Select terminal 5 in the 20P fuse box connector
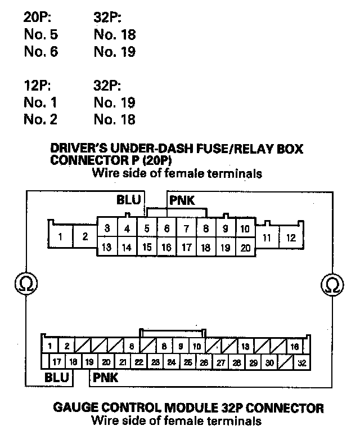pos(147,229)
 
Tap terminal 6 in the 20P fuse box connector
pos(166,229)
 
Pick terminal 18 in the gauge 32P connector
pos(74,363)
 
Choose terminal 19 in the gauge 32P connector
pos(90,363)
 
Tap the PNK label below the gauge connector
pos(106,378)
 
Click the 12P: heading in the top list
pos(38,87)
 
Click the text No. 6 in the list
pos(40,52)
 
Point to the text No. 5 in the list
pos(40,35)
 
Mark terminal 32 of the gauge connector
pos(301,363)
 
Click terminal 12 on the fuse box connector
pos(290,237)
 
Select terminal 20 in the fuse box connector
pos(245,247)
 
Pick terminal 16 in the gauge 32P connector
pos(295,346)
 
